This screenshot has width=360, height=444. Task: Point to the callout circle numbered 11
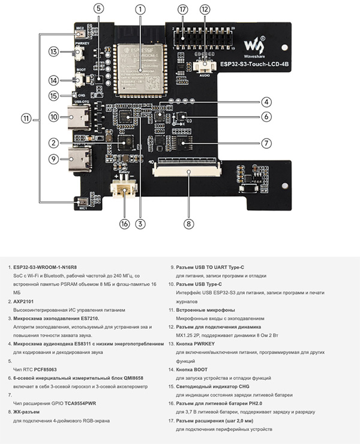pos(26,118)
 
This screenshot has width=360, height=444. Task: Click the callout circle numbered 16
pos(124,224)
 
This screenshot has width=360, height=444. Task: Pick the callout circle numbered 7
pos(265,143)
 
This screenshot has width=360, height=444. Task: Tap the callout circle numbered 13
pos(54,52)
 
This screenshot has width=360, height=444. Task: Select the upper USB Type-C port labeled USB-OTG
pos(81,118)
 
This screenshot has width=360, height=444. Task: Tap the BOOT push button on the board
pos(81,80)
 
